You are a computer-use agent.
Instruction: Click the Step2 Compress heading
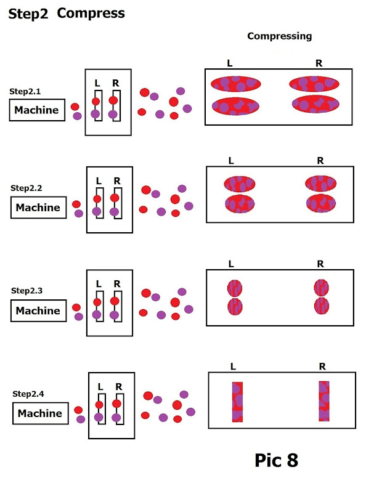point(67,13)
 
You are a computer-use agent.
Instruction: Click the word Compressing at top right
point(279,36)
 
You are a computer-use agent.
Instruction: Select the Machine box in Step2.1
point(37,110)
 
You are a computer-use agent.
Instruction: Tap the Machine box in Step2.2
point(38,208)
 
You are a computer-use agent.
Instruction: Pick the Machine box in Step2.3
point(38,310)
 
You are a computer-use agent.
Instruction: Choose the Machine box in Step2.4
point(39,413)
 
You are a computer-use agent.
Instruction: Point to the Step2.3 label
point(25,290)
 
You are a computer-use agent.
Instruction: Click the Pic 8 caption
point(277,460)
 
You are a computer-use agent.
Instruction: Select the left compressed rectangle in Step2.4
point(238,402)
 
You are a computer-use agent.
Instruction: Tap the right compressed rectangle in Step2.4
point(324,401)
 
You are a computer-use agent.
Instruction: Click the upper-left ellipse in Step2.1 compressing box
point(236,84)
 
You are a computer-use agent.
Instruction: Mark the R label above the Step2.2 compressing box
point(320,161)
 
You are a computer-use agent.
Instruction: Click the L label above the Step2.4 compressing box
point(233,367)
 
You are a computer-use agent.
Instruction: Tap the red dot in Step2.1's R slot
point(113,100)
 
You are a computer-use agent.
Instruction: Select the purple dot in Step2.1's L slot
point(96,114)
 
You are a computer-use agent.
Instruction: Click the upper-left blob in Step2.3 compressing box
point(235,288)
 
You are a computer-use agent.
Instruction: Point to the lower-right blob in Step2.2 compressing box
point(320,203)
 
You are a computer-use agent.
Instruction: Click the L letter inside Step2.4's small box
point(100,387)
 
